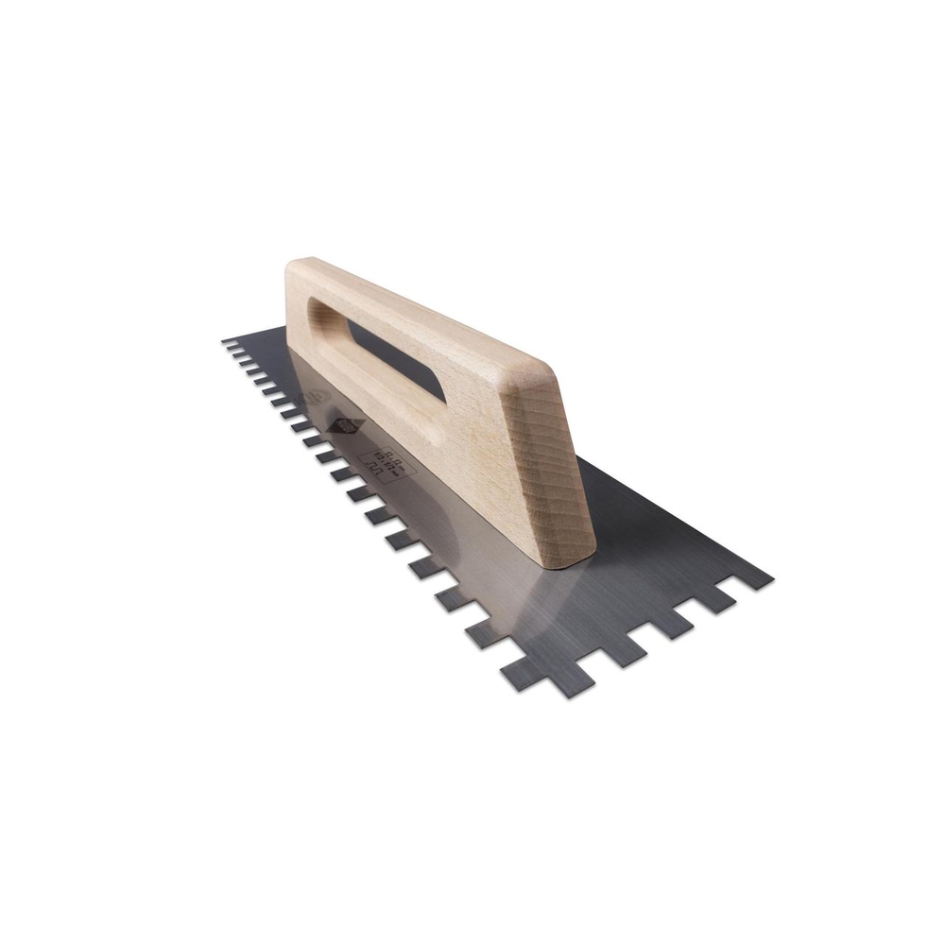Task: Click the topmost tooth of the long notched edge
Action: point(230,342)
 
